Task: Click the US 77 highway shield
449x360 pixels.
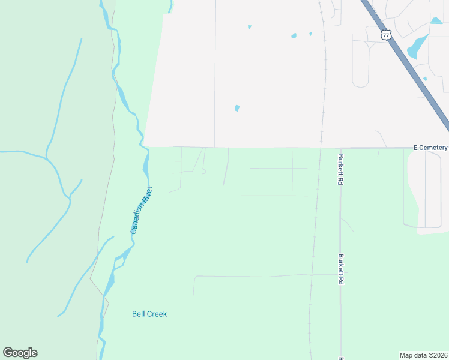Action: pyautogui.click(x=386, y=35)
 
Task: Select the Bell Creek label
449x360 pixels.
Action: pyautogui.click(x=149, y=314)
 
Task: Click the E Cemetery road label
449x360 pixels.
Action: pyautogui.click(x=430, y=148)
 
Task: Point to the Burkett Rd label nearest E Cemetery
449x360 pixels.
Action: pyautogui.click(x=340, y=169)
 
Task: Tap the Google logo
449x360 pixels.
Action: pyautogui.click(x=20, y=353)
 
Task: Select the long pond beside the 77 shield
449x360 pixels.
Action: pyautogui.click(x=417, y=46)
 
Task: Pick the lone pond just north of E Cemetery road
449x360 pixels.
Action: pyautogui.click(x=237, y=109)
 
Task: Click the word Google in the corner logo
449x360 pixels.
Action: pyautogui.click(x=20, y=353)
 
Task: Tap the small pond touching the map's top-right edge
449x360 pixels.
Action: pyautogui.click(x=436, y=21)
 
